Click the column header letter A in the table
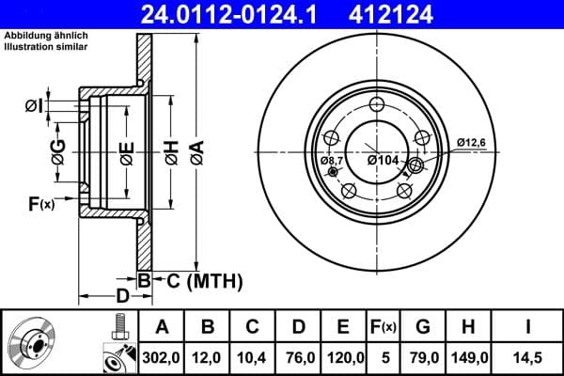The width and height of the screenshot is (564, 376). coord(162,326)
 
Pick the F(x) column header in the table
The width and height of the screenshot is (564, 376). coord(384,326)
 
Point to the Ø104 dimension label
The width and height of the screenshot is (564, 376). coord(383,162)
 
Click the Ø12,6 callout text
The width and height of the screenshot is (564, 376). coord(471,142)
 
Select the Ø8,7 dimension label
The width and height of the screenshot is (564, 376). coord(333,162)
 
